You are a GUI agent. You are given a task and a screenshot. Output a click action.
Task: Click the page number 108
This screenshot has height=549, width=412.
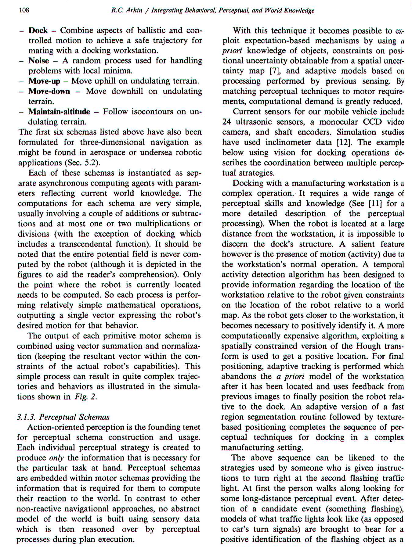[x=24, y=10]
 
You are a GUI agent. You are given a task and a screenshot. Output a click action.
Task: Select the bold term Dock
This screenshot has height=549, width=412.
[x=38, y=30]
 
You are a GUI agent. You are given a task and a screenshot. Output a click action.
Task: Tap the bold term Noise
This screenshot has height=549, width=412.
[x=39, y=61]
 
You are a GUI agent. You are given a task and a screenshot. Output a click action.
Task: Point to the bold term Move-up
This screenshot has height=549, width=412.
[x=44, y=81]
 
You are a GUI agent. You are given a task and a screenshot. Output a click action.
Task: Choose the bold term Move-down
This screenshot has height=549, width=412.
[x=49, y=91]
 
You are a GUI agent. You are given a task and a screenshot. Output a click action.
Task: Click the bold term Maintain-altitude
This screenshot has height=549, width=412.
[x=59, y=112]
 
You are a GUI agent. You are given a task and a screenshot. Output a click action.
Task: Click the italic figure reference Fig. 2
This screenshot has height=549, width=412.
[x=86, y=397]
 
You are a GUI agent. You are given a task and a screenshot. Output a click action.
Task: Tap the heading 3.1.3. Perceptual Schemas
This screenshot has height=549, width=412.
[x=63, y=417]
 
